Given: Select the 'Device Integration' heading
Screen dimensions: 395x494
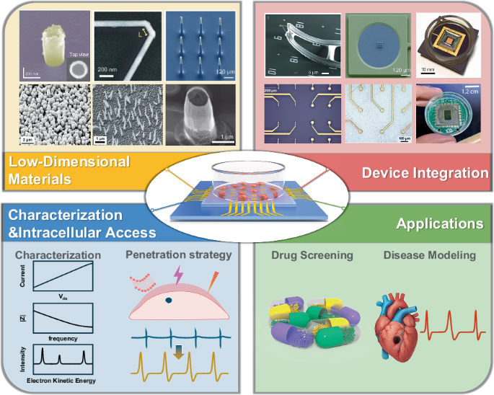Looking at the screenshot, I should click(424, 172).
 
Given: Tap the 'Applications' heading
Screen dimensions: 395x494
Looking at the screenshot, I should click(439, 224).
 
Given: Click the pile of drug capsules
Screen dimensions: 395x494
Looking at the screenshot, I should click(314, 324).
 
